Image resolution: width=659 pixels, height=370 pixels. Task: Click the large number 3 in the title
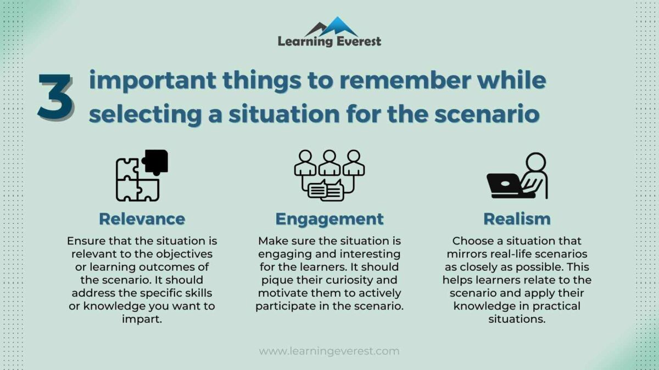click(x=55, y=98)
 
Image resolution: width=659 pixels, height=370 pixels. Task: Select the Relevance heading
click(x=142, y=219)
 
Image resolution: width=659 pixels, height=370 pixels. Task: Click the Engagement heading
click(x=329, y=219)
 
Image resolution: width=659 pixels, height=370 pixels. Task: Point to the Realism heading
click(x=517, y=219)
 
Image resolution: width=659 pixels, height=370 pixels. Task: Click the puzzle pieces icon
click(x=141, y=175)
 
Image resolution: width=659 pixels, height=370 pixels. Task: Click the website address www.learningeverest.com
click(x=329, y=351)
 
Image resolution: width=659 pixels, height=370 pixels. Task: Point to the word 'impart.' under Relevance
click(x=142, y=319)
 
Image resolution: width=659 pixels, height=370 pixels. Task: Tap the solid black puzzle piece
click(x=155, y=161)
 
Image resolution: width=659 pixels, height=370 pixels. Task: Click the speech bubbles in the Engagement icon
click(x=326, y=190)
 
